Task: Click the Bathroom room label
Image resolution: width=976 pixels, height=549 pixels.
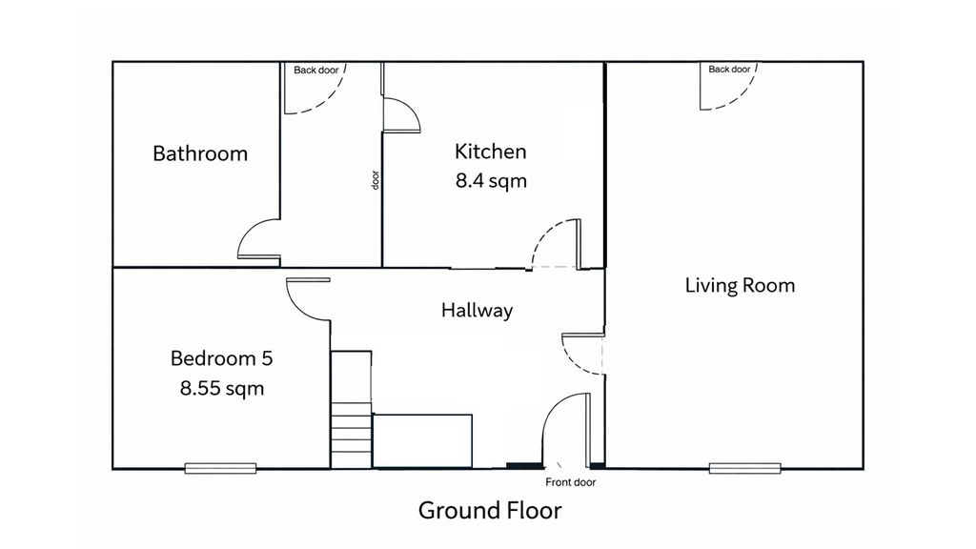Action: [200, 153]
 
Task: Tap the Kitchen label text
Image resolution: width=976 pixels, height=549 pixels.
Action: [490, 152]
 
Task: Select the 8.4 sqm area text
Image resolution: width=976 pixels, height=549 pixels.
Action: [490, 181]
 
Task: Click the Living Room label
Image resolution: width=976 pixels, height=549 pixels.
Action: [740, 285]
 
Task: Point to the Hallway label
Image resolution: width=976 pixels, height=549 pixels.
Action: [477, 310]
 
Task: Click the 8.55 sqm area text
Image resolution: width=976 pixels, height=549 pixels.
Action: [221, 388]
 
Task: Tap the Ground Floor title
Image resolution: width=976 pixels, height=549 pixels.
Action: [490, 510]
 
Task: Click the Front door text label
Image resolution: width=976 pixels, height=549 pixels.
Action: [571, 482]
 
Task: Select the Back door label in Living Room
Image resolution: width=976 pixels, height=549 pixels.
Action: [729, 70]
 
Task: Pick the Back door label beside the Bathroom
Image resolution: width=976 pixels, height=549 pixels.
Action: [315, 70]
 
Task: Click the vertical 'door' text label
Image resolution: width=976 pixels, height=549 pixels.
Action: [376, 180]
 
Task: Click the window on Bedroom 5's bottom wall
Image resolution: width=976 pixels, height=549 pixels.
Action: [221, 467]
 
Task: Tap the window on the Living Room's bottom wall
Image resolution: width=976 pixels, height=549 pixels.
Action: [745, 467]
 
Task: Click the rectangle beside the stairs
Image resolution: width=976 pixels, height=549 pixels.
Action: [422, 440]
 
